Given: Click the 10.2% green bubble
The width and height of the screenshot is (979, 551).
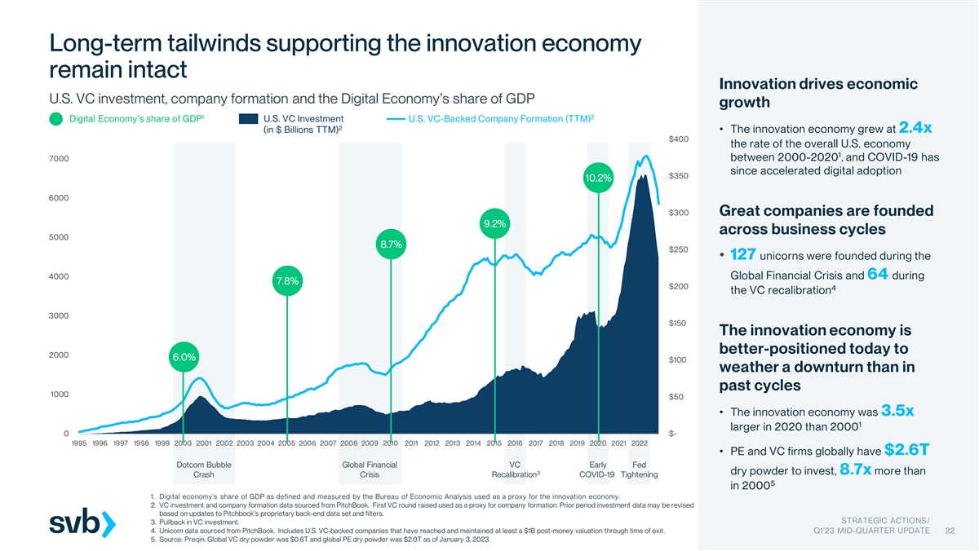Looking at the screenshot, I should (598, 178).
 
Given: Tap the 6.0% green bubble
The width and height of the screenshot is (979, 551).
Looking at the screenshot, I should (183, 357).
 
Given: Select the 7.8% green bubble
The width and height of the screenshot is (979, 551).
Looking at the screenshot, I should (286, 281).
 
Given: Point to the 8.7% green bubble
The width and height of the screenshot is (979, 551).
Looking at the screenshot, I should (391, 244).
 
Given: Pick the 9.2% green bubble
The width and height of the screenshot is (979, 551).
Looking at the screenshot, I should (494, 223).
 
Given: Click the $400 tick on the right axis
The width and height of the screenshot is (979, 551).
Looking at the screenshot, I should (678, 139).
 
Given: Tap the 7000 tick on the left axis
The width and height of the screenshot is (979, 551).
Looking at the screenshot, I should (58, 158).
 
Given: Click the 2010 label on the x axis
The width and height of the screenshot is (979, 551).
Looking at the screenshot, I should (390, 443).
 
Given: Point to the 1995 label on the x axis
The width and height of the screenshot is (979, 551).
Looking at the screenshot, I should (79, 443).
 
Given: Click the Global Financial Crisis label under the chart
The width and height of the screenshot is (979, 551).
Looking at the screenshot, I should (370, 469).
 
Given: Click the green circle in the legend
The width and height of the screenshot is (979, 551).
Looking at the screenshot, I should (56, 120).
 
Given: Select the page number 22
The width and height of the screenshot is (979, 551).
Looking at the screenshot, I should (949, 531).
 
